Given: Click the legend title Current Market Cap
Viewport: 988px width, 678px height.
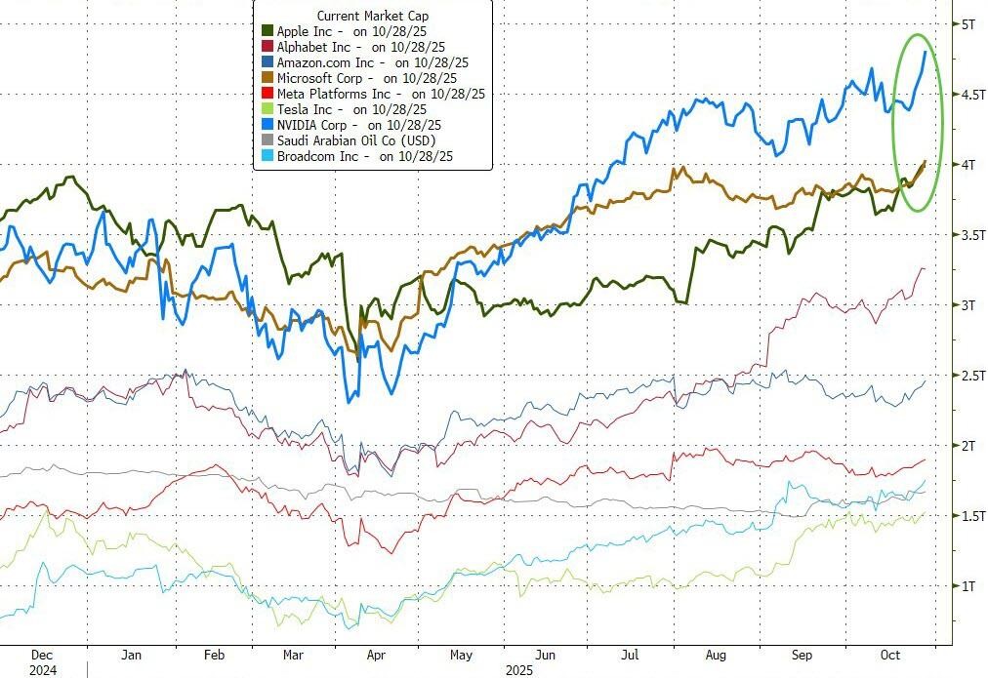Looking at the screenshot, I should click(x=372, y=17).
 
